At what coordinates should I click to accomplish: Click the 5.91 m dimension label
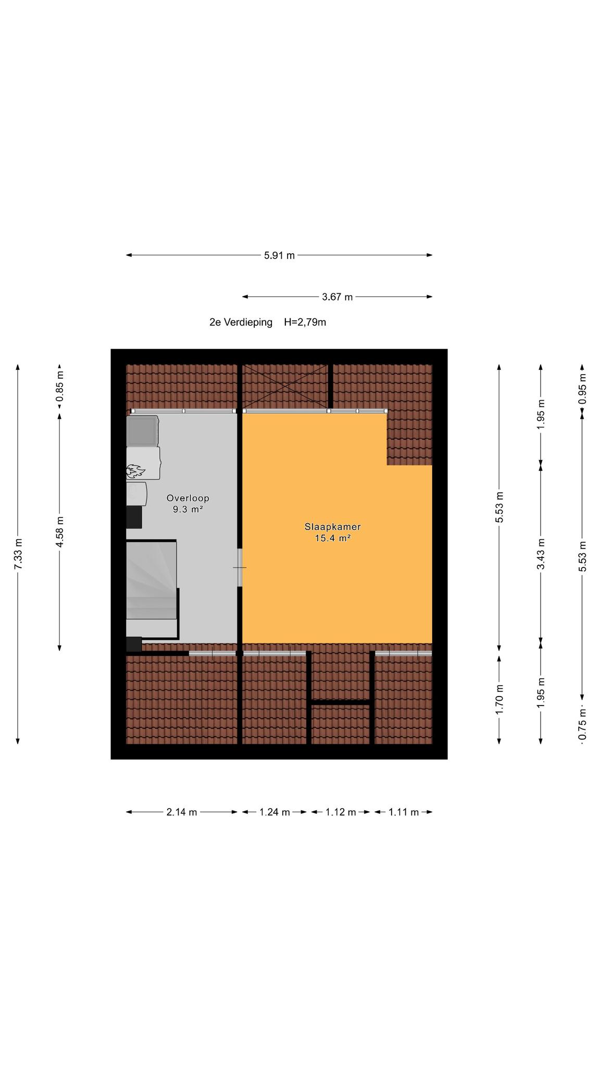pyautogui.click(x=279, y=255)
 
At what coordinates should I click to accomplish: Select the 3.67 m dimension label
pyautogui.click(x=337, y=297)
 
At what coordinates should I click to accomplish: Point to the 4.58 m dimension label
pyautogui.click(x=59, y=532)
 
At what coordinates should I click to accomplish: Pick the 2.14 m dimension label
pyautogui.click(x=182, y=812)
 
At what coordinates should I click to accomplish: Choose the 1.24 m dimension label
pyautogui.click(x=274, y=812)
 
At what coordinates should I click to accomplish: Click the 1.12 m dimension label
pyautogui.click(x=341, y=812)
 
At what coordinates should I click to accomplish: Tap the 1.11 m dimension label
pyautogui.click(x=404, y=812)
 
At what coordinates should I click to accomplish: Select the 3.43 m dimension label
pyautogui.click(x=541, y=554)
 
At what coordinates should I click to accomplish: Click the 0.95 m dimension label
pyautogui.click(x=582, y=389)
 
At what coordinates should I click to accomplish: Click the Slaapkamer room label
pyautogui.click(x=333, y=527)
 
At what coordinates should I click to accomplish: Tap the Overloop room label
pyautogui.click(x=188, y=498)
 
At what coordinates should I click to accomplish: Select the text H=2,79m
pyautogui.click(x=305, y=322)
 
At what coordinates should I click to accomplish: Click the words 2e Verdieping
pyautogui.click(x=241, y=322)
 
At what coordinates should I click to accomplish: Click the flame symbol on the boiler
pyautogui.click(x=135, y=471)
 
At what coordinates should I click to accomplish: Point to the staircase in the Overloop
pyautogui.click(x=152, y=589)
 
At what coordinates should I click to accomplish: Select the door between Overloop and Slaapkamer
pyautogui.click(x=240, y=567)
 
